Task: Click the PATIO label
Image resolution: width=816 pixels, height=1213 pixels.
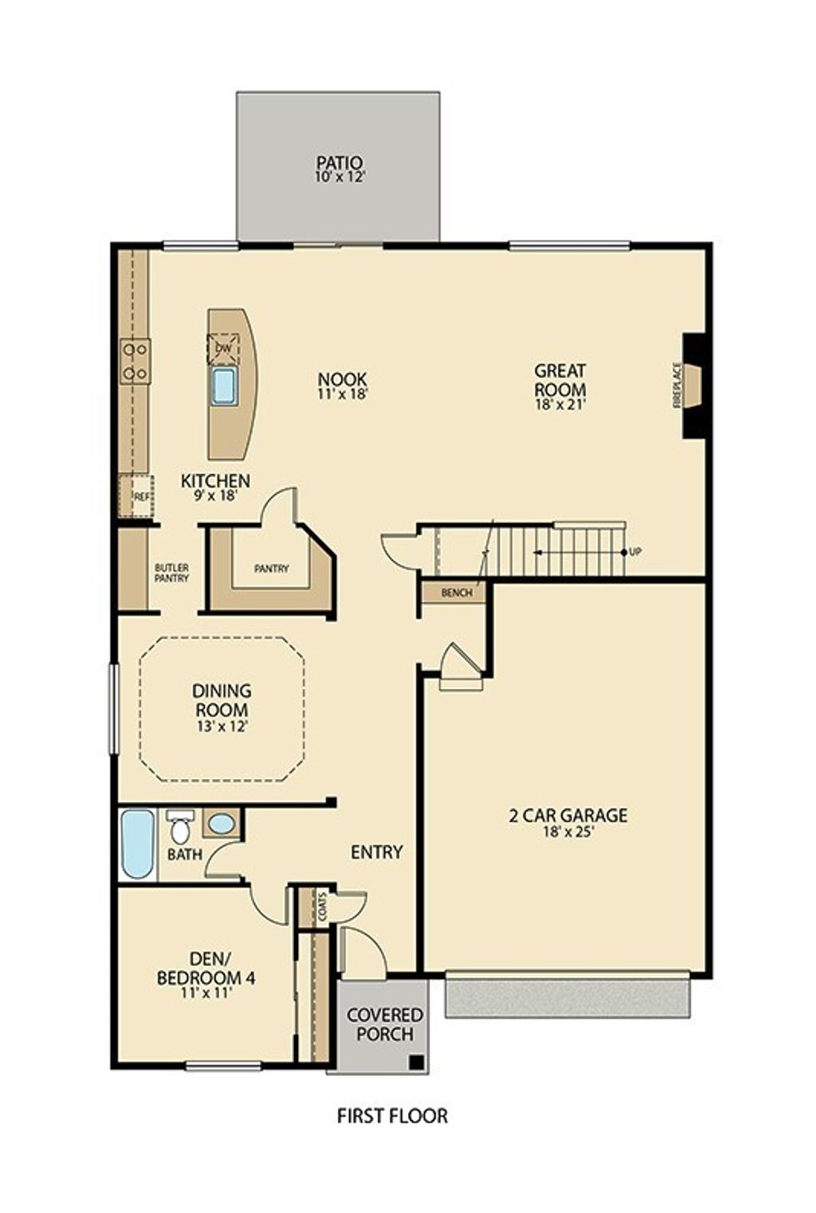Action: pos(339,163)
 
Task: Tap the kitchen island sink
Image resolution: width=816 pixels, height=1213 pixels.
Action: pos(224,386)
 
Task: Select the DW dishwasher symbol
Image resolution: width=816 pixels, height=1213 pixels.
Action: pos(223,349)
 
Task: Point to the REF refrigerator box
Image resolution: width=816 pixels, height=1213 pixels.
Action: pos(140,496)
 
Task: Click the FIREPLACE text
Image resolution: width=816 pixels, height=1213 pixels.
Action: pos(677,385)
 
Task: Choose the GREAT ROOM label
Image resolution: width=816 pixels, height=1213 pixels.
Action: pos(560,380)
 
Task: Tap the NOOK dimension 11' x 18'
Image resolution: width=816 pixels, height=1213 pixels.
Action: pos(342,393)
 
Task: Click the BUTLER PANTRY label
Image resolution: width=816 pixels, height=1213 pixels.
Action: pos(171,573)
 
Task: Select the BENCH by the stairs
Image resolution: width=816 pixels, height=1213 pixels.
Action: pos(457,593)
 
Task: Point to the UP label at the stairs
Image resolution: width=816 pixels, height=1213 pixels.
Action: pos(636,552)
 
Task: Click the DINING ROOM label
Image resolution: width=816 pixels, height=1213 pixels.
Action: pos(222,700)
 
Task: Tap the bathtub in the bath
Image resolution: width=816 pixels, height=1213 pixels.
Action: pos(137,844)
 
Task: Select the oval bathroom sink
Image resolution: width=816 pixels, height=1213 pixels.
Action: pos(222,824)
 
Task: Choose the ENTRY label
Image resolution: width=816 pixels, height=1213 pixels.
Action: pos(377,852)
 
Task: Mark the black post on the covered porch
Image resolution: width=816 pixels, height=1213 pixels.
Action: pos(415,1062)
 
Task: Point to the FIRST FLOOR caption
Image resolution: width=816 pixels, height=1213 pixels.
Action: pos(392,1116)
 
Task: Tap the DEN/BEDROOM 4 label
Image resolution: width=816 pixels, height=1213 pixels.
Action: pos(206,968)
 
